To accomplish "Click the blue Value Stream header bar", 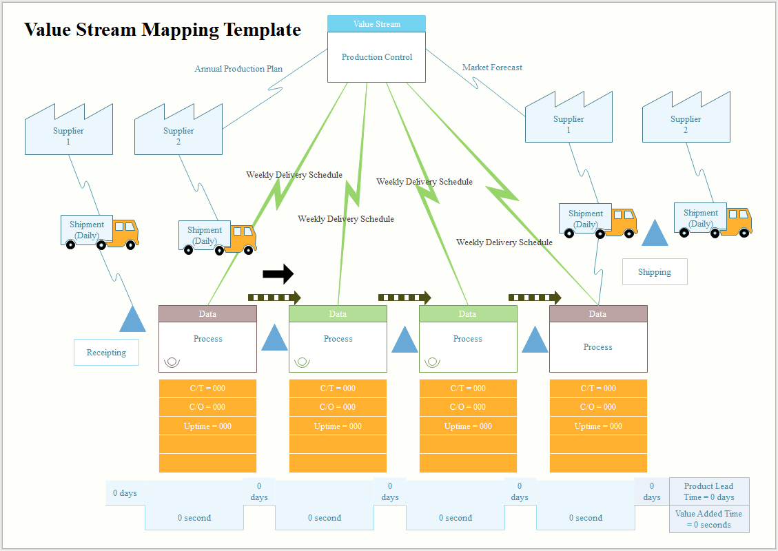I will [376, 24].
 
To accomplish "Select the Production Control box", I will [376, 58].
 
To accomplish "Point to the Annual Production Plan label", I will [238, 69].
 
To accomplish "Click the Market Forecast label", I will [492, 67].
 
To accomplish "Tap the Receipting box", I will [106, 353].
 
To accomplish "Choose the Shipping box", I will [654, 272].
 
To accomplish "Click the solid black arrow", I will [278, 273].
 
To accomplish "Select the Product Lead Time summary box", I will [708, 492].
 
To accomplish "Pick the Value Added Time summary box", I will [708, 519].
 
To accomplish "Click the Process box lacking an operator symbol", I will [597, 346].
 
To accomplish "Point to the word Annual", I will [208, 69].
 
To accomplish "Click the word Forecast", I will [506, 67].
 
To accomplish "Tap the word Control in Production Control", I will [398, 57].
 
